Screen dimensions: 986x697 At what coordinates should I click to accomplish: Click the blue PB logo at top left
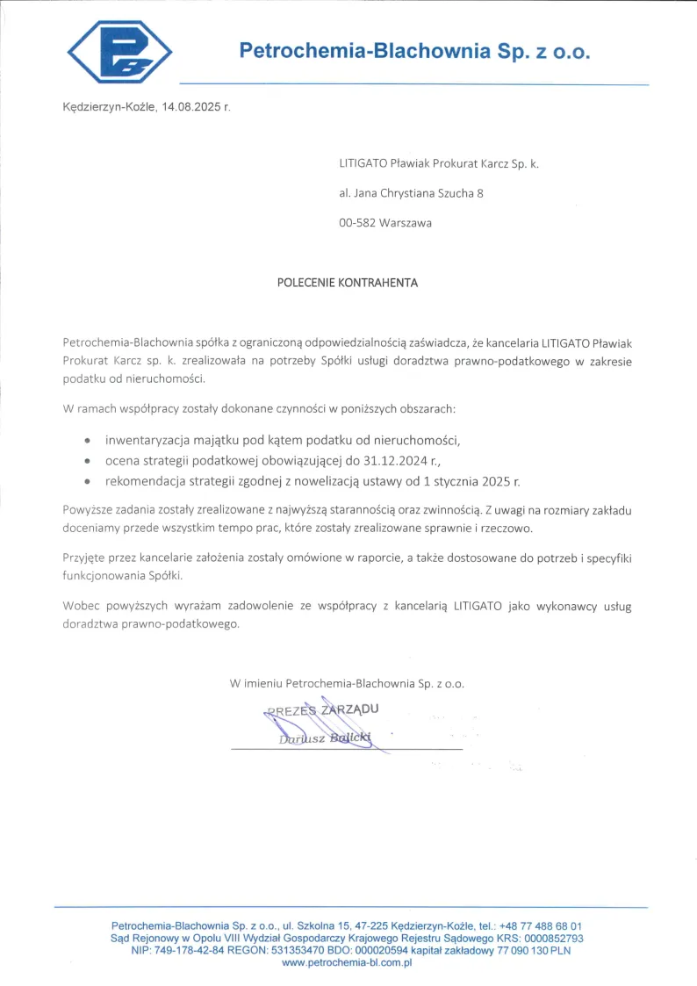pyautogui.click(x=119, y=51)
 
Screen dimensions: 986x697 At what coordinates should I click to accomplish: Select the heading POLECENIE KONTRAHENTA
pyautogui.click(x=348, y=283)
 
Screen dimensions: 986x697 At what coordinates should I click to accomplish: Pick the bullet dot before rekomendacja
pyautogui.click(x=86, y=482)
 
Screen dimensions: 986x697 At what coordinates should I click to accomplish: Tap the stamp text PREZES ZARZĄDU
pyautogui.click(x=322, y=709)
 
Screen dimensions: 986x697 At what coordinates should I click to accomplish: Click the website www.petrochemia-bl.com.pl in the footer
pyautogui.click(x=347, y=962)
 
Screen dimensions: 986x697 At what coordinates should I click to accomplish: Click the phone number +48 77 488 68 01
pyautogui.click(x=540, y=925)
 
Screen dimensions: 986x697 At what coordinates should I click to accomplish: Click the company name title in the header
pyautogui.click(x=415, y=51)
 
